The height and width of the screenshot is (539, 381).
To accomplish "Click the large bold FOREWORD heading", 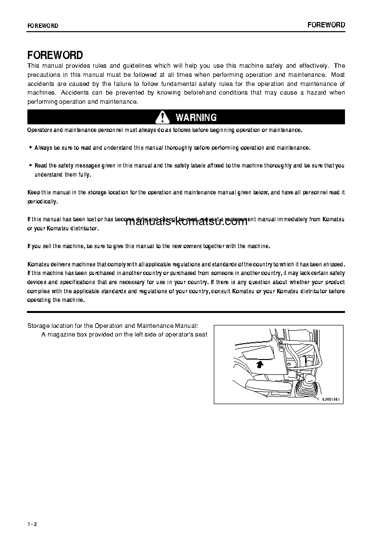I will pos(55,55).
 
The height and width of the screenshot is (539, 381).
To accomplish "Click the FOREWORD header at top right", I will pos(326,25).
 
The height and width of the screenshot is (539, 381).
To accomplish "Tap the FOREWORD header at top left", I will pos(43,26).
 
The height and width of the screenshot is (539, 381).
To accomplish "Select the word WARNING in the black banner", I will pos(196,117).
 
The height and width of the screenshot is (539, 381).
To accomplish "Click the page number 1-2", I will pos(32,524).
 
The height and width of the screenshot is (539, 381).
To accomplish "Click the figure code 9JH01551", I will pos(331,398).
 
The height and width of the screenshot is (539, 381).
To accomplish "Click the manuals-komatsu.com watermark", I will pos(186,222).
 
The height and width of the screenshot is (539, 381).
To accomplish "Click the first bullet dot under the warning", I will pos(30,148).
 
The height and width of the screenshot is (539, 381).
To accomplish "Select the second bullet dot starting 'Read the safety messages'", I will pos(30,166).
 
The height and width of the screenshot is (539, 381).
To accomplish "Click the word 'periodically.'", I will pos(42,202).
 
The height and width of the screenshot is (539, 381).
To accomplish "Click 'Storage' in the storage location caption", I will pos(38,326).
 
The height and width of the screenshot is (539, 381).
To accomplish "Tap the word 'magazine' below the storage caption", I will pos(60,335).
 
